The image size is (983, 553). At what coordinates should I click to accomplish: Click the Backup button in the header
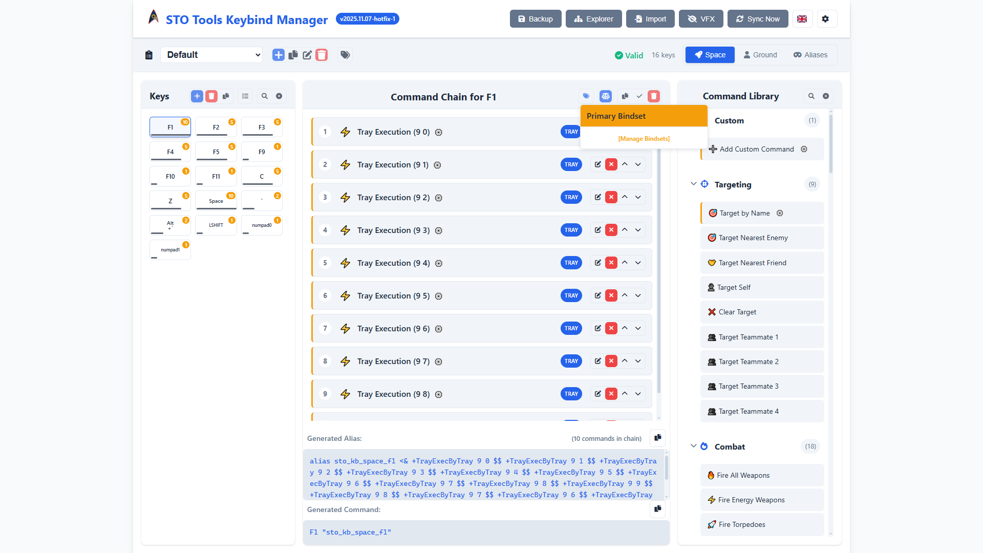[535, 19]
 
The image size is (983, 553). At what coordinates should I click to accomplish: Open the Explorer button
[593, 19]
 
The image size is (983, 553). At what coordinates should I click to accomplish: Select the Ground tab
[760, 55]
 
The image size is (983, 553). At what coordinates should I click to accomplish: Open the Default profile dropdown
[211, 55]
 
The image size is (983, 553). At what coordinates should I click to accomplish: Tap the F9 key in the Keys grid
[262, 152]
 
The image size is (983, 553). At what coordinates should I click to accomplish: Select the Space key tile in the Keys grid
[216, 201]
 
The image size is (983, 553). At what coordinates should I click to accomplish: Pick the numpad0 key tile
[262, 225]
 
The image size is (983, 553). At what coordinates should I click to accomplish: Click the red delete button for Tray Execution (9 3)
[611, 230]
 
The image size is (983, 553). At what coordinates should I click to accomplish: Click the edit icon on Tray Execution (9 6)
[597, 328]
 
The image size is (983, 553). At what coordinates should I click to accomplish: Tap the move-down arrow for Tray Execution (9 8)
[638, 394]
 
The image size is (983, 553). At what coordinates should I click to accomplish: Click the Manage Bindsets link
[644, 139]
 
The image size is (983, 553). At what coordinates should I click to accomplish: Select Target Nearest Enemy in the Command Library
[753, 238]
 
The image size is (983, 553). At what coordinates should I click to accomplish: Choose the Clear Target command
[737, 312]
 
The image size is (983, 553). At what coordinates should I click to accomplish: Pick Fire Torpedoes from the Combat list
[741, 524]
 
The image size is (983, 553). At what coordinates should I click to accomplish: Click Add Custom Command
[756, 149]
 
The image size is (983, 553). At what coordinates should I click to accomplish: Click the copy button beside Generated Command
[657, 508]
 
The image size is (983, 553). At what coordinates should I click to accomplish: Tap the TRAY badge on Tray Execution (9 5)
[571, 295]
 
